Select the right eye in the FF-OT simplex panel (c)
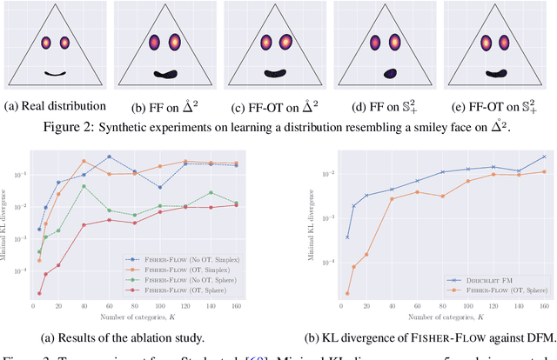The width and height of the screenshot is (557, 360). [283, 42]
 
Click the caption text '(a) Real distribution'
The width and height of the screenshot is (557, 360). [55, 107]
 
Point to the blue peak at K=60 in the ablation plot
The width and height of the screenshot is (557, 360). [109, 157]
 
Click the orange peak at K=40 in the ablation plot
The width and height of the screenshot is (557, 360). [84, 161]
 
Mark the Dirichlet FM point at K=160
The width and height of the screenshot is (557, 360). [545, 157]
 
